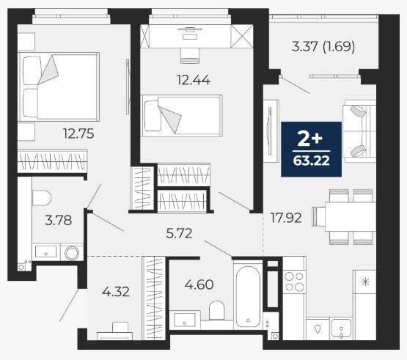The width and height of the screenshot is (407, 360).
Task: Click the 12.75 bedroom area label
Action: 78,133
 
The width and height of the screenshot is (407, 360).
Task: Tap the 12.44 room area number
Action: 194,80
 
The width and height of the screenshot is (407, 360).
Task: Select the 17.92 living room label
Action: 286,218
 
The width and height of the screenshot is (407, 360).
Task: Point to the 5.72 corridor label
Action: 179,233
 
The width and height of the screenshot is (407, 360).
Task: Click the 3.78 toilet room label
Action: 59,221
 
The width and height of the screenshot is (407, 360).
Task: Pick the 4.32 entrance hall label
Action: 116,292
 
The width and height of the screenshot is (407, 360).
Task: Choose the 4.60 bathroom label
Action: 199,284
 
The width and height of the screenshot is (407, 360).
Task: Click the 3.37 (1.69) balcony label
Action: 323,47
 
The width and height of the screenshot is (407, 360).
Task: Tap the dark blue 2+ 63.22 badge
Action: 311,150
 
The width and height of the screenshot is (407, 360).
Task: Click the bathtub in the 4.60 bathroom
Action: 248,296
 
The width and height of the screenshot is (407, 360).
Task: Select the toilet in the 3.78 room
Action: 42,198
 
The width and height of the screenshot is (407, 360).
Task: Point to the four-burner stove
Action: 294,282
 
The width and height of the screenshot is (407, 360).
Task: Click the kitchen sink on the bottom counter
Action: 341,329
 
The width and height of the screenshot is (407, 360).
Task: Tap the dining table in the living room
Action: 351,217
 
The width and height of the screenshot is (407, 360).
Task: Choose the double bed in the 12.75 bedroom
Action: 59,87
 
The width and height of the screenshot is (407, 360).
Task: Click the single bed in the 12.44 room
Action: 181,116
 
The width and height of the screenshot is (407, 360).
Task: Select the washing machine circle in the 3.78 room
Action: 72,253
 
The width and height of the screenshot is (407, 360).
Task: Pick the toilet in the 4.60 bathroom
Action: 217,311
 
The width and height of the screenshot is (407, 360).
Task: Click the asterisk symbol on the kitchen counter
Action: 365,282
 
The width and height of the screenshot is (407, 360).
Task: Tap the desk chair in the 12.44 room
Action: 190,55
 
